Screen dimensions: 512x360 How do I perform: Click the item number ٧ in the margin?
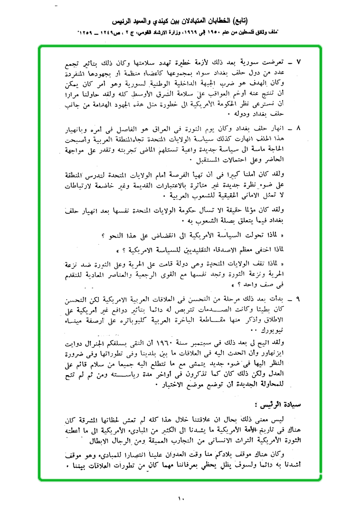point(298,62)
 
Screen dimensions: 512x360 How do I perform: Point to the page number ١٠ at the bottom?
point(181,498)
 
